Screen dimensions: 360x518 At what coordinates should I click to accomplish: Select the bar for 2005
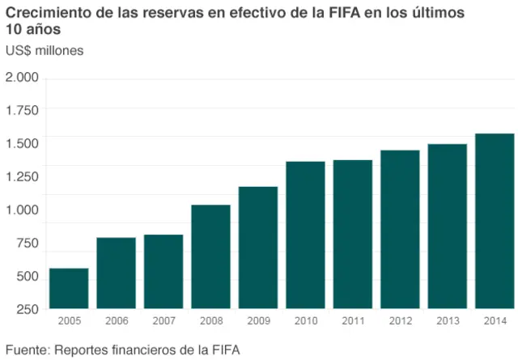[x=69, y=288]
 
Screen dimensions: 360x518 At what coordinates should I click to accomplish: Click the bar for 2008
[x=210, y=256]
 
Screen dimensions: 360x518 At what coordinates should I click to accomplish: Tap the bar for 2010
[x=305, y=235]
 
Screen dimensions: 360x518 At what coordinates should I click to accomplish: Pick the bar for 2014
[x=495, y=221]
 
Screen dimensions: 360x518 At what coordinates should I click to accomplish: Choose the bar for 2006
[x=116, y=273]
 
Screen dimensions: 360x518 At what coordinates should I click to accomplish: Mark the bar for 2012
[x=400, y=229]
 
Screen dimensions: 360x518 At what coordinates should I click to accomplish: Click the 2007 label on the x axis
[x=163, y=321]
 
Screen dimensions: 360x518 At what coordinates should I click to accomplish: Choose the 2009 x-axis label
[x=258, y=321]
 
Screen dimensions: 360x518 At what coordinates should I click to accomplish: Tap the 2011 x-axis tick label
[x=353, y=321]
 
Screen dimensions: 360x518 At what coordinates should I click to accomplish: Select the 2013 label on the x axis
[x=448, y=321]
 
